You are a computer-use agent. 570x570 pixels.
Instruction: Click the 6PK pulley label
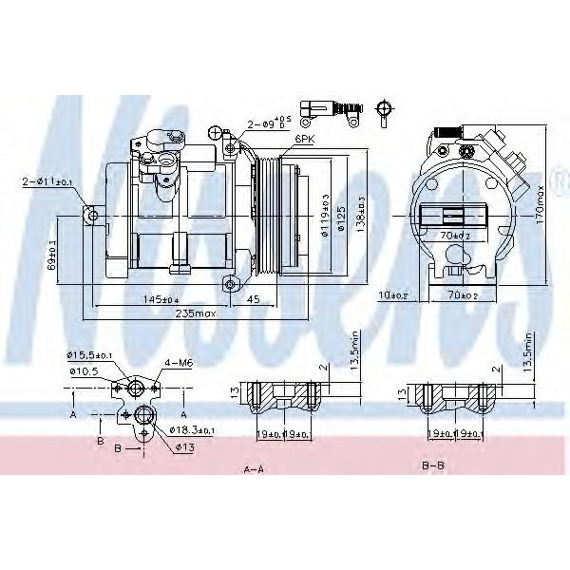tap(304, 139)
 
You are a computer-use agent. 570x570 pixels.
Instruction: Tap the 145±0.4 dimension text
tap(158, 299)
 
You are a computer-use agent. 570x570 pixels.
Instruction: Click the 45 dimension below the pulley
tap(254, 299)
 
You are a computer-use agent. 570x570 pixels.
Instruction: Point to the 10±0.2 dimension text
tap(392, 295)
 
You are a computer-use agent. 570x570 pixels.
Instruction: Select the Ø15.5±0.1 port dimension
tap(90, 355)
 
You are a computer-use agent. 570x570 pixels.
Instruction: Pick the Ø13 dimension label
tap(183, 446)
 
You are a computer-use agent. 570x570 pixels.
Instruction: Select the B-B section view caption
tap(434, 466)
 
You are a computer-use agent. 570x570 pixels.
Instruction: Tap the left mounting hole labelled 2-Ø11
tap(92, 217)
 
